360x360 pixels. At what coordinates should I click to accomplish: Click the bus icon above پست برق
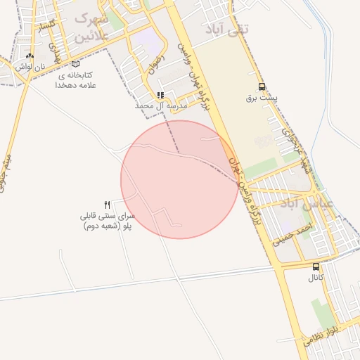(x=262, y=86)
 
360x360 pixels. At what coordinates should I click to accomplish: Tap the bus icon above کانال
(x=316, y=266)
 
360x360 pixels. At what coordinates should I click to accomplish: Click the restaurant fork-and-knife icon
(x=108, y=204)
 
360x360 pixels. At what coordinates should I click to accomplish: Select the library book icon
(x=76, y=64)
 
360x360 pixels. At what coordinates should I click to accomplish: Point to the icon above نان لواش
(x=29, y=56)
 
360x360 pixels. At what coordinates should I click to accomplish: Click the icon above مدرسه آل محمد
(x=161, y=95)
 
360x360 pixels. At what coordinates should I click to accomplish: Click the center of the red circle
(x=180, y=179)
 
